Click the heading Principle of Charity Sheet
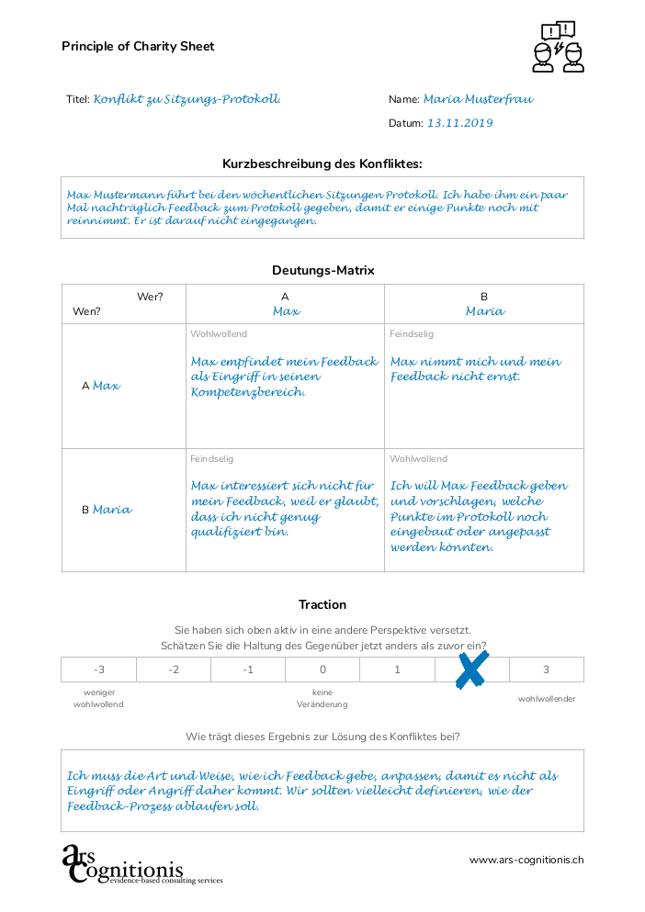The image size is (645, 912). pyautogui.click(x=138, y=46)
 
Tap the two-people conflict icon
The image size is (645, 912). pyautogui.click(x=558, y=47)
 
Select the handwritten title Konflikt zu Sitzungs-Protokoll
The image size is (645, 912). pyautogui.click(x=187, y=99)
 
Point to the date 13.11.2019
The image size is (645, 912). pyautogui.click(x=460, y=123)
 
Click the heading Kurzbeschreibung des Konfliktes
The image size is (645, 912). pyautogui.click(x=322, y=163)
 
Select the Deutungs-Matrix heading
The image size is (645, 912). pyautogui.click(x=322, y=270)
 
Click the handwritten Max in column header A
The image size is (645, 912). pyautogui.click(x=286, y=311)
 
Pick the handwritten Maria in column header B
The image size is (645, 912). pyautogui.click(x=484, y=311)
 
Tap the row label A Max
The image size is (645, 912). pyautogui.click(x=101, y=386)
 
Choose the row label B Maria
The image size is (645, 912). pyautogui.click(x=107, y=510)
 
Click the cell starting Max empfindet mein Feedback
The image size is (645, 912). pyautogui.click(x=284, y=377)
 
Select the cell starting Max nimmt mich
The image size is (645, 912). pyautogui.click(x=475, y=369)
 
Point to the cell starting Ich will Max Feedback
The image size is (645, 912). pyautogui.click(x=479, y=516)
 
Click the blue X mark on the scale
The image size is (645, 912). pyautogui.click(x=471, y=670)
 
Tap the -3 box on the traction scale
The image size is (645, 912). pyautogui.click(x=98, y=670)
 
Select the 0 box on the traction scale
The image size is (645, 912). pyautogui.click(x=322, y=670)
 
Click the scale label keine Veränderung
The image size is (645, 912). pyautogui.click(x=322, y=698)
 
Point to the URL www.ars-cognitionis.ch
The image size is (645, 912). pyautogui.click(x=526, y=861)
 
